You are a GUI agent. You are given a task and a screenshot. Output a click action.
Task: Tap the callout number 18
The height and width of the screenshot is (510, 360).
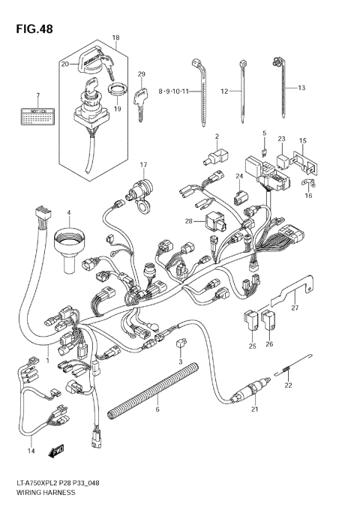(x=115, y=37)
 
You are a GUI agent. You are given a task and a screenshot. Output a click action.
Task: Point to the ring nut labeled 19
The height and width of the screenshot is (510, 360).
(x=117, y=93)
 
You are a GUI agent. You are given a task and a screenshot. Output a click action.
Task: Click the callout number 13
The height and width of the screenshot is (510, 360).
(x=301, y=88)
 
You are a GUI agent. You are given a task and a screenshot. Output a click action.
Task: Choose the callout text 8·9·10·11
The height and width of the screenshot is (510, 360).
(x=173, y=91)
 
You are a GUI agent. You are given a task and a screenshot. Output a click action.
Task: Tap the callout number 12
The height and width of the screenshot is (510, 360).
(x=224, y=91)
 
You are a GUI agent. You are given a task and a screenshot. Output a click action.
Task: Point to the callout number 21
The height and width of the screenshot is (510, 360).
(x=254, y=409)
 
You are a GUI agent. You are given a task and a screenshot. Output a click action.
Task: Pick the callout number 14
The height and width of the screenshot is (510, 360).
(x=31, y=450)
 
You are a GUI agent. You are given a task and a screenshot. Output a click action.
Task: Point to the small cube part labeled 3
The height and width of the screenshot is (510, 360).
(x=181, y=343)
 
